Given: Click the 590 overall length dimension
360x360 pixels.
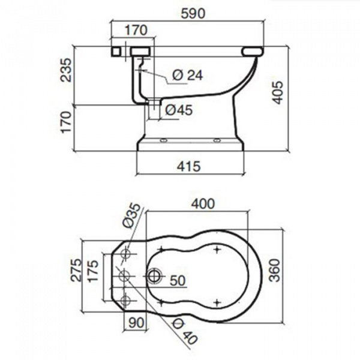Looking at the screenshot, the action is [193, 14].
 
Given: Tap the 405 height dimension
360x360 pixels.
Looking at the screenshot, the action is [278, 92].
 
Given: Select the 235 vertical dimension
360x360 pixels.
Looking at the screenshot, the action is [66, 70].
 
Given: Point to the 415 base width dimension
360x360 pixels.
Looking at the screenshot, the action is [189, 166].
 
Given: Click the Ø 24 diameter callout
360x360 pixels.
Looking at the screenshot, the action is [188, 75].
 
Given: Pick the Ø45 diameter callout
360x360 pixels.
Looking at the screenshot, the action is [179, 110].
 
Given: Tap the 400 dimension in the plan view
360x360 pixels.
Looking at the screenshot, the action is [203, 203].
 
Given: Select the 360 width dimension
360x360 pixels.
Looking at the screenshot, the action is [275, 270].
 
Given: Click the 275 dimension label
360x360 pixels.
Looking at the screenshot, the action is [76, 270].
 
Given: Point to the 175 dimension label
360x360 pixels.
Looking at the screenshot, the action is [93, 271].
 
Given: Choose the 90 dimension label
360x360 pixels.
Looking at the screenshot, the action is [136, 323].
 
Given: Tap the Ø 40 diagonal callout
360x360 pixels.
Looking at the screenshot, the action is [185, 332].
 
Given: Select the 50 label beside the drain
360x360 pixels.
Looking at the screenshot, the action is [178, 280].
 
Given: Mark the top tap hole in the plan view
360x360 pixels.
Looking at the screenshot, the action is [126, 254].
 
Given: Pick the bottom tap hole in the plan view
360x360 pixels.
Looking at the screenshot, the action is [126, 301].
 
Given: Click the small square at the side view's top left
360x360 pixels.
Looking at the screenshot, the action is [116, 51].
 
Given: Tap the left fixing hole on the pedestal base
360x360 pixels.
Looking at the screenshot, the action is [164, 140].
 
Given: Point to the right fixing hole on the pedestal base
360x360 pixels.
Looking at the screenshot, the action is [217, 140].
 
